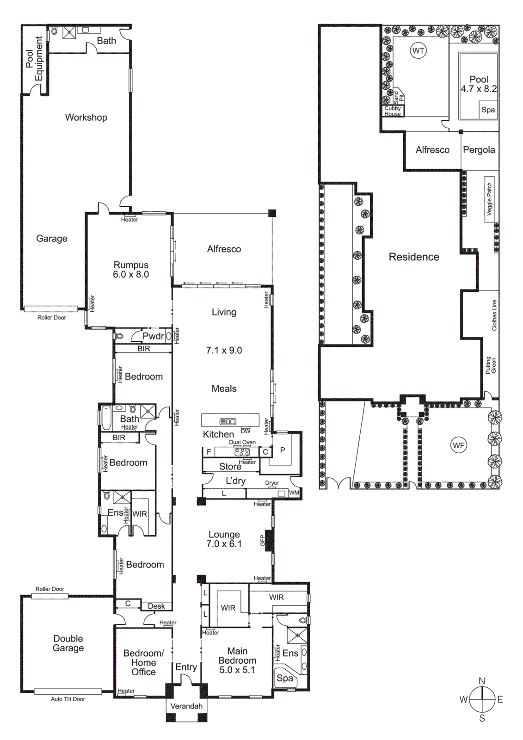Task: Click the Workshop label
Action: click(86, 117)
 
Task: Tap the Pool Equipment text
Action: click(34, 59)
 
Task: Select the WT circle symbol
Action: click(418, 51)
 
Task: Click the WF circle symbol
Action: click(458, 445)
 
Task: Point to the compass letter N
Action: click(482, 681)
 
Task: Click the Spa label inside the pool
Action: click(488, 110)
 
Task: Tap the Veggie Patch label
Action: click(489, 199)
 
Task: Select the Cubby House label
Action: click(393, 111)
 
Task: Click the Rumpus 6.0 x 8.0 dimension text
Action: click(131, 275)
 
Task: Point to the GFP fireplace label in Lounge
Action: click(262, 540)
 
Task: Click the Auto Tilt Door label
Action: click(68, 699)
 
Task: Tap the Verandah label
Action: click(186, 706)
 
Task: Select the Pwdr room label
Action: click(153, 336)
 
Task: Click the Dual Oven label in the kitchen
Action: click(242, 443)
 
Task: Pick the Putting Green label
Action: click(491, 365)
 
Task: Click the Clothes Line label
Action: click(494, 315)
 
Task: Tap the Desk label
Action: click(156, 606)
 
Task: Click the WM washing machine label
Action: click(294, 493)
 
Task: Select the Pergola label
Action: click(479, 150)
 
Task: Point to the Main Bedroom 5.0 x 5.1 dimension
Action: click(237, 670)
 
